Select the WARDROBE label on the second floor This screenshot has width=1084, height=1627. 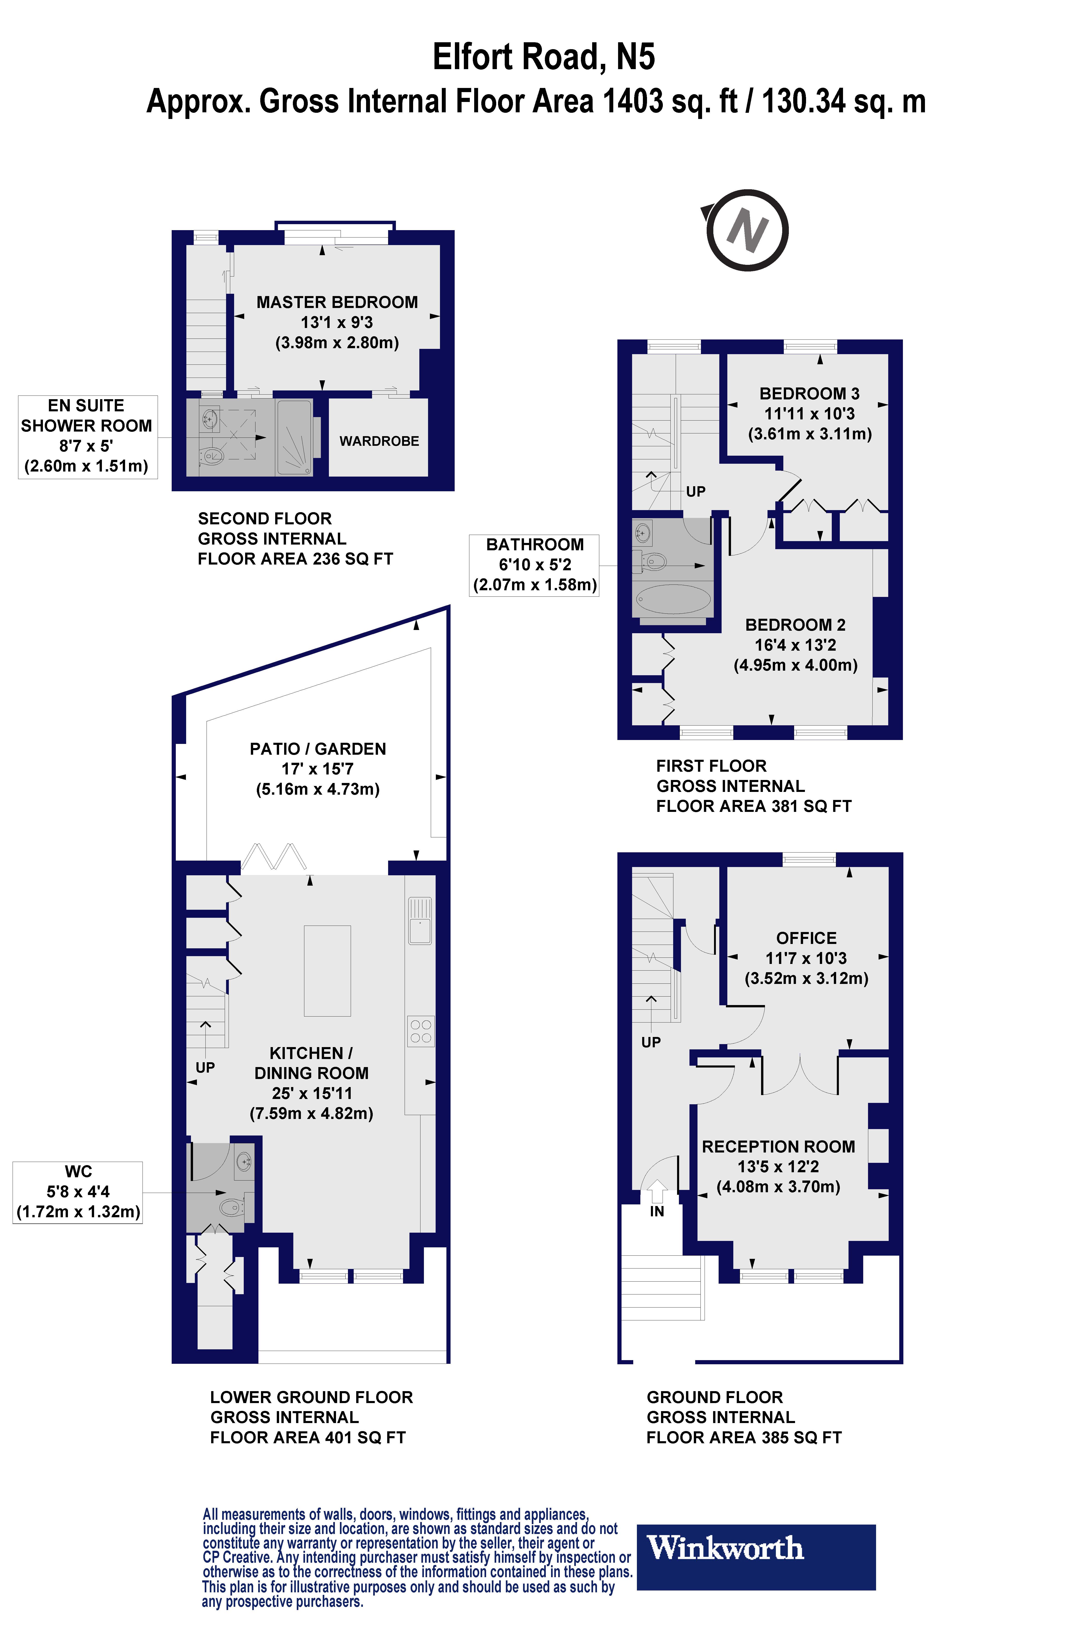tap(379, 441)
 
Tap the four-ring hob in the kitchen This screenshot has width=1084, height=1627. tap(420, 1031)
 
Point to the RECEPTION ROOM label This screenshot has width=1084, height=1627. tap(779, 1147)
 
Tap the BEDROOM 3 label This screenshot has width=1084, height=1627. tap(809, 394)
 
